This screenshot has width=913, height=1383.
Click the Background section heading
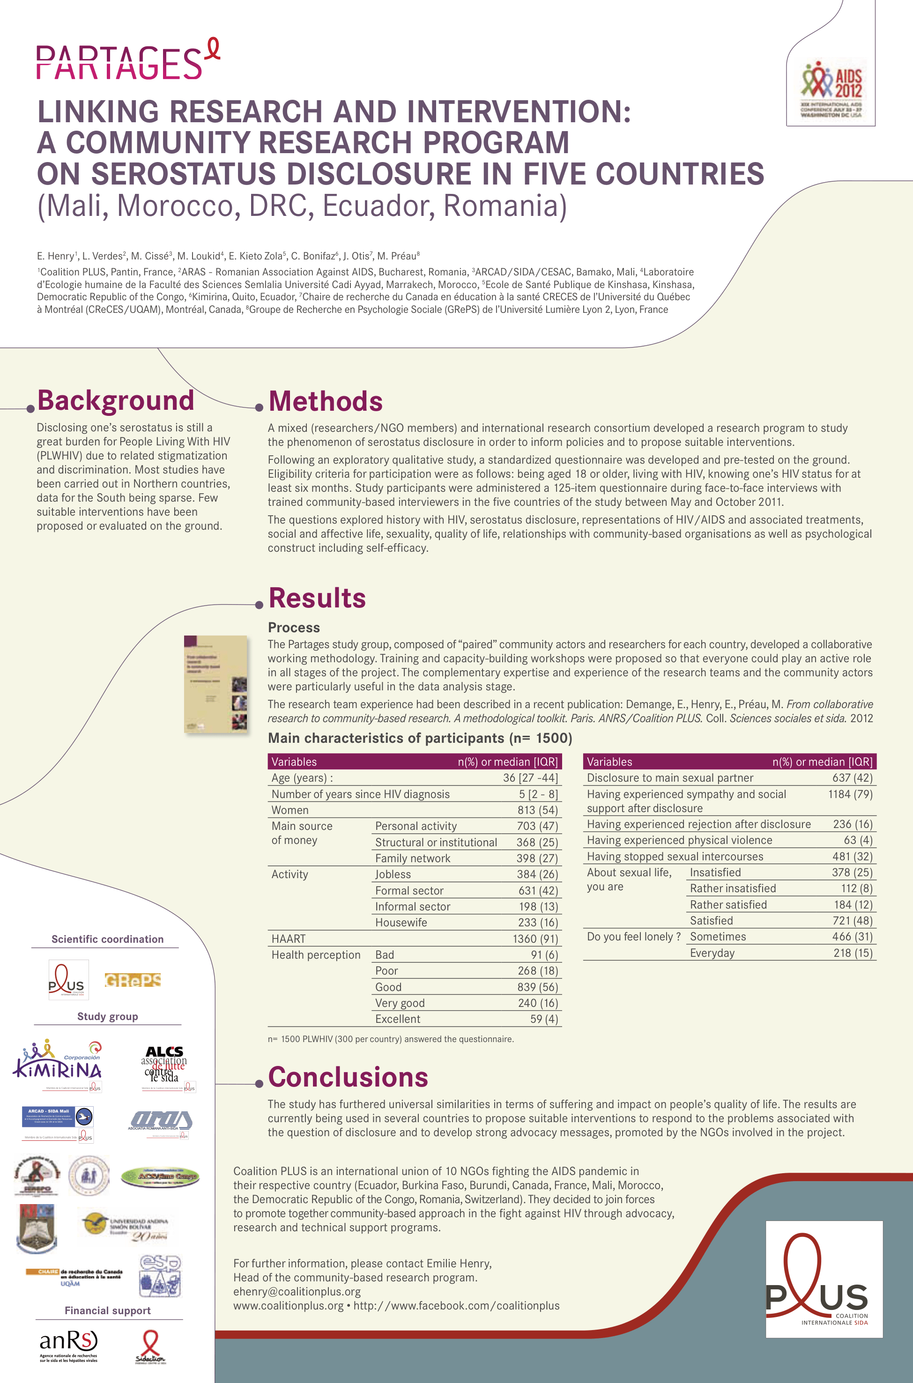tap(115, 400)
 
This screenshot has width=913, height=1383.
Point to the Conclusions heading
tap(348, 1077)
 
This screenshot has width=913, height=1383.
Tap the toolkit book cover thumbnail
tap(216, 683)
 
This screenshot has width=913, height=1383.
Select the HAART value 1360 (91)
tap(535, 939)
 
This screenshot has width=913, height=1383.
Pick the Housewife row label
tap(401, 923)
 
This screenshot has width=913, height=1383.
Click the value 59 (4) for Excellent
tap(544, 1019)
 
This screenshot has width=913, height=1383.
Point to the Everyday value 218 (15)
tap(853, 953)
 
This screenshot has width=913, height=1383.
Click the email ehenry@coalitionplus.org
tap(297, 1292)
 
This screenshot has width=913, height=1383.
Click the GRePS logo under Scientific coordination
tap(133, 980)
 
